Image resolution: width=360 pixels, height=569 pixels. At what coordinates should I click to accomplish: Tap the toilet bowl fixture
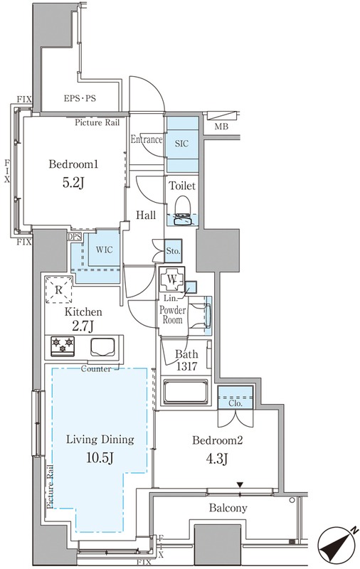tap(182, 211)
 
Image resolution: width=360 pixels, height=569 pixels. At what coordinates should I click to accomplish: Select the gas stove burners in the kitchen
tap(63, 345)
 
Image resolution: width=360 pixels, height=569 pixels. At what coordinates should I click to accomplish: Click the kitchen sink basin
tap(102, 347)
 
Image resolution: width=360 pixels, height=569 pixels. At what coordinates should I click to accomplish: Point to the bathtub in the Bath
tap(186, 392)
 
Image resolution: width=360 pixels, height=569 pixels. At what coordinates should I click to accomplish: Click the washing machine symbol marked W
tap(172, 280)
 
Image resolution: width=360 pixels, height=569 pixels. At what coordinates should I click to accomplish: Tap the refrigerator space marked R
tap(58, 290)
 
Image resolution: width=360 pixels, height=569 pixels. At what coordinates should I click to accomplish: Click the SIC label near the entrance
tap(181, 144)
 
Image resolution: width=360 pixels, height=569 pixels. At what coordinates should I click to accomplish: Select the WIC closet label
tap(104, 250)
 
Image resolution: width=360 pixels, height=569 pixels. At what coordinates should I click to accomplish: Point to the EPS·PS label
tap(80, 98)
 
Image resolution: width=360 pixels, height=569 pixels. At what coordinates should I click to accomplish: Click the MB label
tap(221, 127)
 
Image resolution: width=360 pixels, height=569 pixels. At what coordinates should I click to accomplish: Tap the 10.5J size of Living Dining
tap(100, 458)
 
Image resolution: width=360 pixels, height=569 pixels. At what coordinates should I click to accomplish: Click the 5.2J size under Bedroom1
tap(73, 183)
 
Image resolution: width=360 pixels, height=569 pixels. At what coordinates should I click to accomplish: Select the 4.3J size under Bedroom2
tap(216, 459)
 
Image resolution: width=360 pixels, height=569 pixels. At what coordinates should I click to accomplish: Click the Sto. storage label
tap(173, 251)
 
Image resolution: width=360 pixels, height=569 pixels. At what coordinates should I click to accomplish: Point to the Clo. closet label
tap(235, 403)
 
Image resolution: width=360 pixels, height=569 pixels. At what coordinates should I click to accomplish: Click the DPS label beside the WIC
tap(74, 237)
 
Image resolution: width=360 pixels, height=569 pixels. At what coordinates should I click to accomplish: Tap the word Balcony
tap(228, 508)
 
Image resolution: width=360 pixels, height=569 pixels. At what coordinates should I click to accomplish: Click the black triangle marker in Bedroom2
tap(239, 485)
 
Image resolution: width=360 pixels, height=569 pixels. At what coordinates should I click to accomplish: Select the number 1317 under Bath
tap(186, 366)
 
